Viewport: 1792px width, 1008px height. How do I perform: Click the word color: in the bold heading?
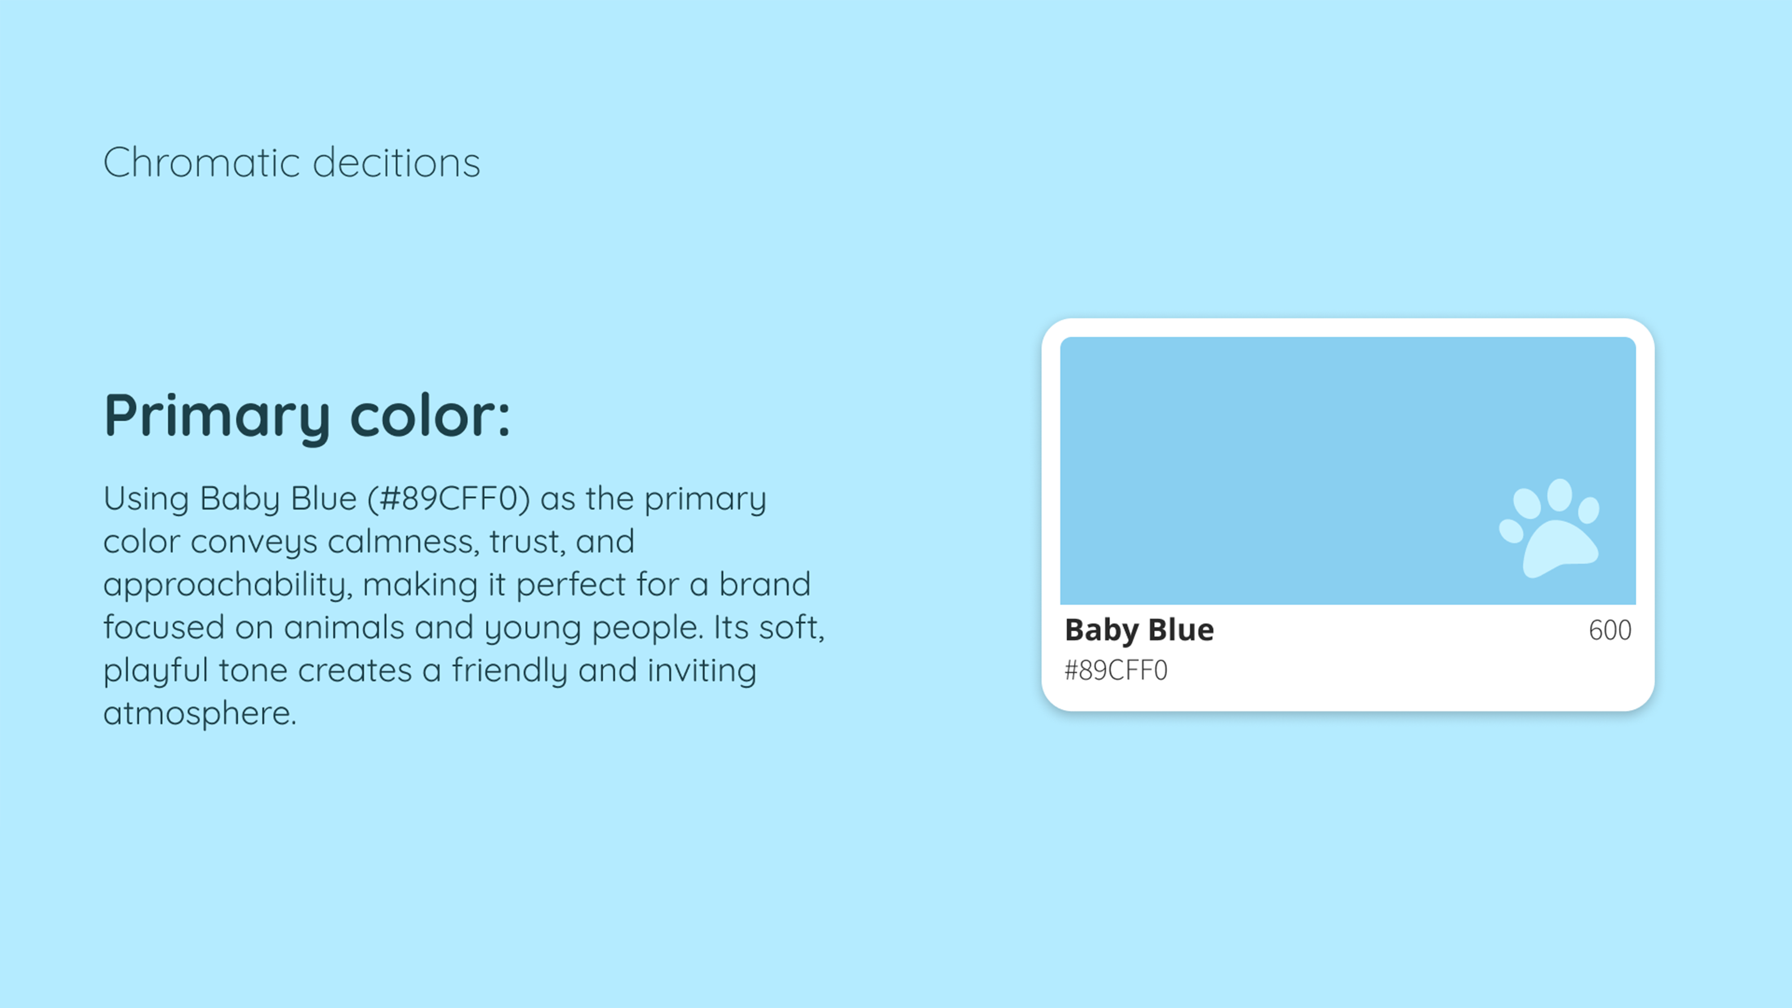[430, 415]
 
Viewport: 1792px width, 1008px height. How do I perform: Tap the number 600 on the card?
[1610, 630]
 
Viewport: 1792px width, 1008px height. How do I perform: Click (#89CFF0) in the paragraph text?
[449, 499]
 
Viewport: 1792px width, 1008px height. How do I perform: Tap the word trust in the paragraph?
[527, 542]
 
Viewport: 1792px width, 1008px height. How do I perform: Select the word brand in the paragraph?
[765, 584]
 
